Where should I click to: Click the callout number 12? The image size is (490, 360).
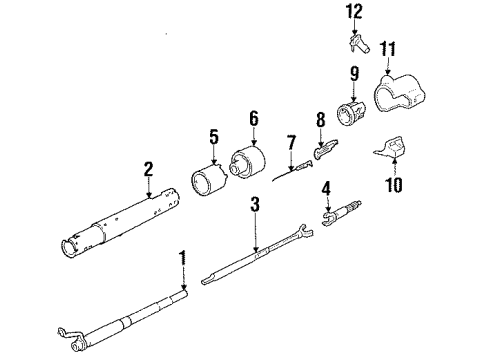pyautogui.click(x=354, y=12)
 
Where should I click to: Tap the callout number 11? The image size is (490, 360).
pyautogui.click(x=388, y=49)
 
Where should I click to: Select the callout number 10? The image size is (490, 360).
pyautogui.click(x=394, y=184)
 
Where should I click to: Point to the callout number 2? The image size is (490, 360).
pyautogui.click(x=148, y=169)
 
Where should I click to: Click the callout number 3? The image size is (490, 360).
pyautogui.click(x=255, y=204)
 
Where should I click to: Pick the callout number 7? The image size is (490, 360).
pyautogui.click(x=291, y=142)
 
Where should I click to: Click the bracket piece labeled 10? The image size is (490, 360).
pyautogui.click(x=391, y=147)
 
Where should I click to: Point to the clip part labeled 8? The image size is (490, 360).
pyautogui.click(x=326, y=149)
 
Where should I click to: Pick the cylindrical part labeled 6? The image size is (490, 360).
pyautogui.click(x=247, y=162)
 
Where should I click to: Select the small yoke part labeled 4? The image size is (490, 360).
pyautogui.click(x=341, y=213)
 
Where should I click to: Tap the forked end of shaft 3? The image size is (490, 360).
pyautogui.click(x=303, y=231)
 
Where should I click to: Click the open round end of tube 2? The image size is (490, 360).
pyautogui.click(x=68, y=248)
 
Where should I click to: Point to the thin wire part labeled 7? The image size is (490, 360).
pyautogui.click(x=293, y=171)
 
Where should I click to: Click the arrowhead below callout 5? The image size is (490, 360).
pyautogui.click(x=214, y=162)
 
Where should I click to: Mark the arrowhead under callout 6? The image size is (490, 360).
pyautogui.click(x=254, y=143)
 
